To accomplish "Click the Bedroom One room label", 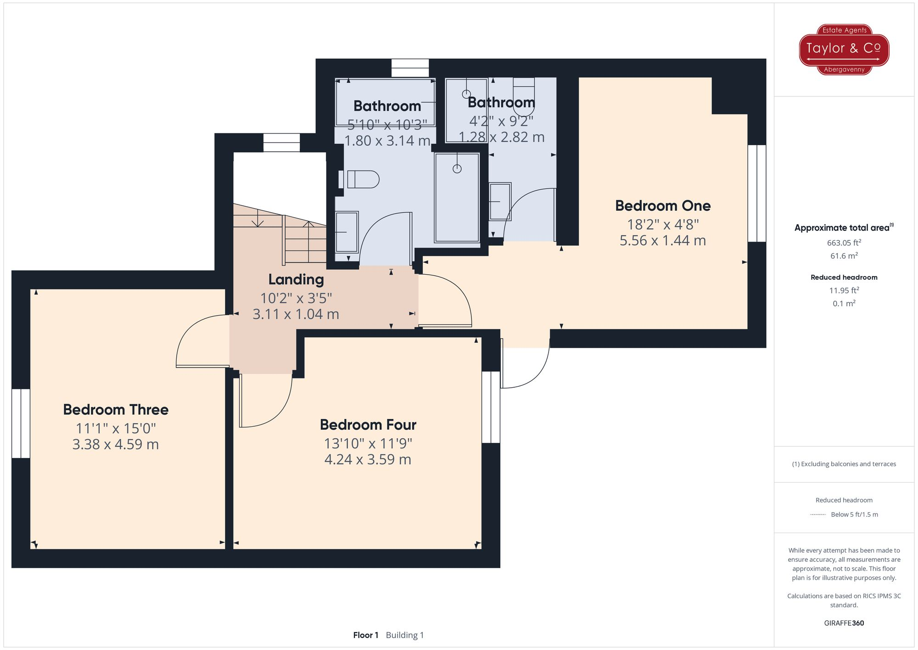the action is click(x=663, y=206).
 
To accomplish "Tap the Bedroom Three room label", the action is click(x=116, y=410).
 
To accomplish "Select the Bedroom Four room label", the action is click(x=368, y=425).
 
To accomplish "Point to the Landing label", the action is click(x=296, y=280).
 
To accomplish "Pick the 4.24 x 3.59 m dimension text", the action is click(x=368, y=459).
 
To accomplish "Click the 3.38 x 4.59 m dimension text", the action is click(x=116, y=444).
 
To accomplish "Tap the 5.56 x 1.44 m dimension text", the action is click(x=663, y=240).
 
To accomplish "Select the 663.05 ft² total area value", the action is click(x=844, y=243).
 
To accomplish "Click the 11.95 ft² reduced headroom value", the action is click(x=844, y=290).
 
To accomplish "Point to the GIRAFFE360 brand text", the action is click(x=844, y=623).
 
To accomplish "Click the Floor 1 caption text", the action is click(x=366, y=635).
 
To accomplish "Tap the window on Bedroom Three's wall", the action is click(x=21, y=424).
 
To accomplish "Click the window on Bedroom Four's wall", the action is click(x=491, y=407).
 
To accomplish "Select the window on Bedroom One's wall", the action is click(x=757, y=193).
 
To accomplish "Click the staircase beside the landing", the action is click(x=280, y=234).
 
